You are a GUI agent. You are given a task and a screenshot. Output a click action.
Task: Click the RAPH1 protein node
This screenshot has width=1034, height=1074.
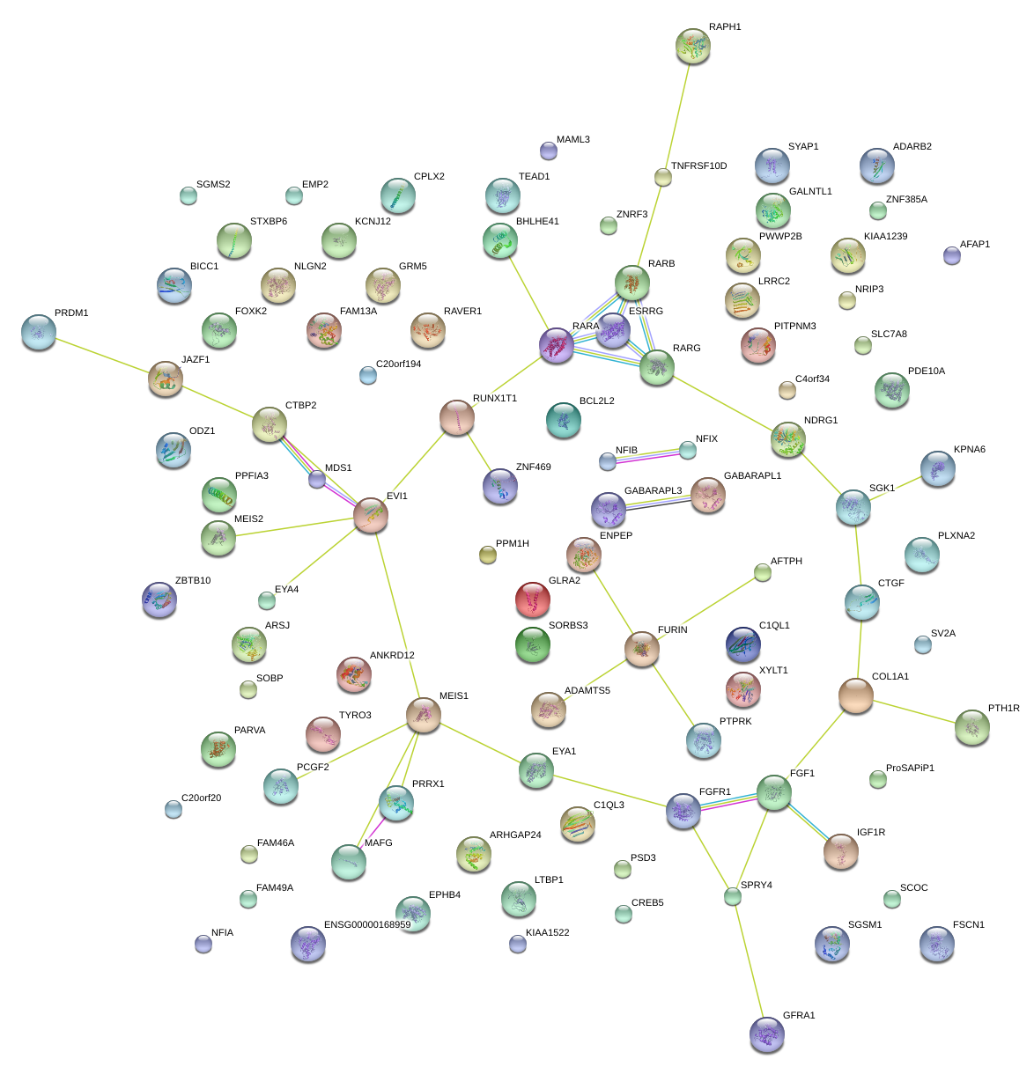[692, 46]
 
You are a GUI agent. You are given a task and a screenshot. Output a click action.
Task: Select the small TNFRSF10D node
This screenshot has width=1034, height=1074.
[663, 177]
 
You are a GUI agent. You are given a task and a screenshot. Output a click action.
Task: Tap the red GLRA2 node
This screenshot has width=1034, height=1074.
[532, 600]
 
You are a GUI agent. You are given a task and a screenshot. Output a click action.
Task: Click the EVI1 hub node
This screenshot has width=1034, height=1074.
[371, 515]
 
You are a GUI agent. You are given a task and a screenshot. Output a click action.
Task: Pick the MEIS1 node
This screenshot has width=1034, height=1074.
[424, 716]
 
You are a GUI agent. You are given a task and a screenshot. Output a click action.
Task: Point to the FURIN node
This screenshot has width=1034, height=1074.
[642, 649]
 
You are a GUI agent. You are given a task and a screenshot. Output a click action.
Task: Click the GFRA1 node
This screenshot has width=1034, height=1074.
[766, 1034]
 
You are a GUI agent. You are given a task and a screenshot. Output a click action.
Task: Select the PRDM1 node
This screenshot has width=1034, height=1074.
[39, 331]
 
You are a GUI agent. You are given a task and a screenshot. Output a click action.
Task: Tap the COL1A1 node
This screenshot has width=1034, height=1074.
[856, 695]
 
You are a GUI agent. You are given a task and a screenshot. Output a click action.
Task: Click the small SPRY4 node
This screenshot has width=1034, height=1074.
[733, 897]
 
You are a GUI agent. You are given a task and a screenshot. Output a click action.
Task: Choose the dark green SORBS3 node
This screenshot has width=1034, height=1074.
[532, 644]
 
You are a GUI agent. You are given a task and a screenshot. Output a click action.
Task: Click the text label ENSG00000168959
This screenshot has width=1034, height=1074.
[367, 925]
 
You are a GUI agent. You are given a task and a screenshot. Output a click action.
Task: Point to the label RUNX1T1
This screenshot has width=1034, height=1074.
[495, 399]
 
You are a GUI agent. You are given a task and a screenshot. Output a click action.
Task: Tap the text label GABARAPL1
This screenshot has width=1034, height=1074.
[752, 476]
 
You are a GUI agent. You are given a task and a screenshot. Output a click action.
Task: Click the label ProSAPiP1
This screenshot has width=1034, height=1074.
[910, 769]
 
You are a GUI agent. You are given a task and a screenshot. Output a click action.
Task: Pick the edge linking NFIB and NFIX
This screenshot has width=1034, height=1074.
[647, 456]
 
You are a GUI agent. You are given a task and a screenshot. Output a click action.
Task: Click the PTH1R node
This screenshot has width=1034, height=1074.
[971, 727]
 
